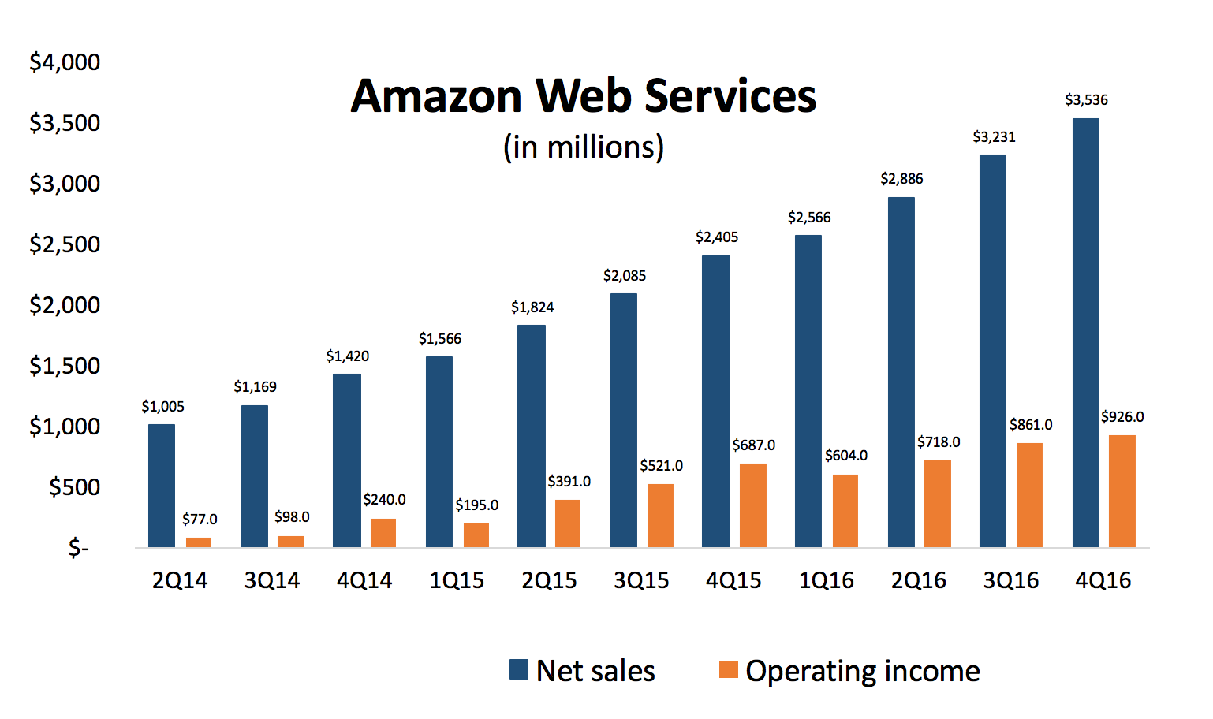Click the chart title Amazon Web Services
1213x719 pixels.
tap(583, 96)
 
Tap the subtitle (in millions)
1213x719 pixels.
tap(584, 147)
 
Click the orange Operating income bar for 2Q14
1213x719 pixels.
tap(199, 542)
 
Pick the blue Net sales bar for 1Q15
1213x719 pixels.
tap(439, 452)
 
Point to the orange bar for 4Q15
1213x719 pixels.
tap(753, 505)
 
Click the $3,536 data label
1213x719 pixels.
tap(1086, 100)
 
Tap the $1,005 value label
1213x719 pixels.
tap(162, 407)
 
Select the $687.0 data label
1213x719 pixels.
tap(753, 445)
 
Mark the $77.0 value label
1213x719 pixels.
tap(200, 520)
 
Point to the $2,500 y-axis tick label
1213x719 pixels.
tap(65, 244)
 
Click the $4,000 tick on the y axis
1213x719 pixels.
tap(65, 62)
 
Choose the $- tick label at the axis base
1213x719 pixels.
tap(78, 547)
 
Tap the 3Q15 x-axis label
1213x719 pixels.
tap(641, 581)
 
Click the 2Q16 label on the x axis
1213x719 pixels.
tap(918, 581)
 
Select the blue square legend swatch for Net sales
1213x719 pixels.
tap(518, 670)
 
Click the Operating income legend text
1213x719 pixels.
tap(862, 671)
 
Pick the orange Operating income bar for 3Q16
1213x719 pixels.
tap(1030, 495)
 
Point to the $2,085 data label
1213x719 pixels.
tap(624, 276)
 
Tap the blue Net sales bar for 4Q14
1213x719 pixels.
tap(347, 460)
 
